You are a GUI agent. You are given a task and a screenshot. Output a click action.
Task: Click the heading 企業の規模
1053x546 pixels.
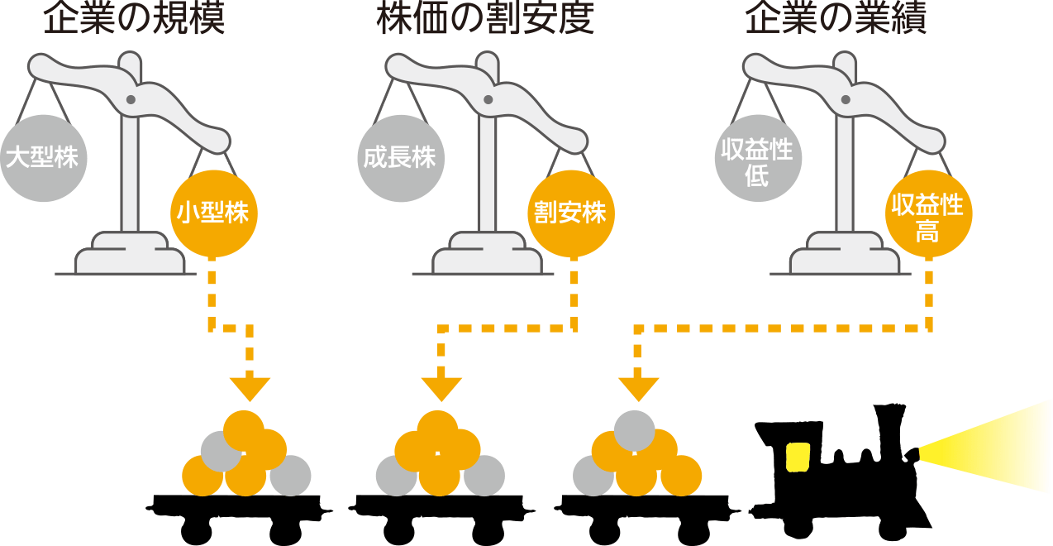134,20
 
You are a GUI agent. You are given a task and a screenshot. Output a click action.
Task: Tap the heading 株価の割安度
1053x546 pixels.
485,20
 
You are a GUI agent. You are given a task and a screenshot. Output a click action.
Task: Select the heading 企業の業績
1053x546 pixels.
836,20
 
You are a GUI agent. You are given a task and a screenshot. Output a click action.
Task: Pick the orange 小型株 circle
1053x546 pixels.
213,213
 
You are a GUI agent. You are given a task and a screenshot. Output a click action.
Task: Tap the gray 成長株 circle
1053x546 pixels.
400,157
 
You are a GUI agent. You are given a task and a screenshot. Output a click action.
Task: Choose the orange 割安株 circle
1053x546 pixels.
571,213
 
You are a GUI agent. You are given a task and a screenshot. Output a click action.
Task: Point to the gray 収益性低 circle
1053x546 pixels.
757,157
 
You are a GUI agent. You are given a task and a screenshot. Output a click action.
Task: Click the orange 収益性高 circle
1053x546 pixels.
927,213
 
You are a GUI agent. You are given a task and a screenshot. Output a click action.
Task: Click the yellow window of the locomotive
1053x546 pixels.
798,456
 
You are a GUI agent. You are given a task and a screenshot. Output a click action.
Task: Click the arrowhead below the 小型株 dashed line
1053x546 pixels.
250,387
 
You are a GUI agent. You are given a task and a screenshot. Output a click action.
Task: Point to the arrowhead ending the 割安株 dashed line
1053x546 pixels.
441,387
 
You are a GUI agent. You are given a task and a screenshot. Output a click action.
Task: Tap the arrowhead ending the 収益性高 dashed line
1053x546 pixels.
638,387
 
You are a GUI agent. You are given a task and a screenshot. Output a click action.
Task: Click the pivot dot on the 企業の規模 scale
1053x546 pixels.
131,100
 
